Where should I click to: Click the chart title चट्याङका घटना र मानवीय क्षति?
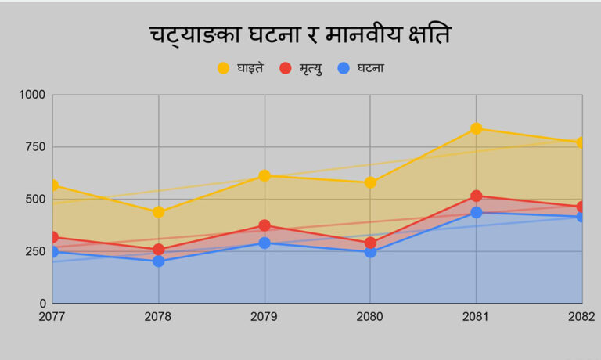pyautogui.click(x=300, y=35)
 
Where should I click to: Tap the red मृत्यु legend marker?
pyautogui.click(x=285, y=68)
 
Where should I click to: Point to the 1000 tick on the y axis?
pyautogui.click(x=33, y=95)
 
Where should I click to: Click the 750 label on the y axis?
pyautogui.click(x=36, y=147)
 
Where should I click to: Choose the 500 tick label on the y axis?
pyautogui.click(x=36, y=199)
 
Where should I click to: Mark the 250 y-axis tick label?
pyautogui.click(x=36, y=251)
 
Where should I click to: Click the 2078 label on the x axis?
pyautogui.click(x=159, y=316)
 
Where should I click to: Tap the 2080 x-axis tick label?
pyautogui.click(x=370, y=316)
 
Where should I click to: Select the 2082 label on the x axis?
pyautogui.click(x=580, y=316)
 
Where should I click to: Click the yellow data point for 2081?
pyautogui.click(x=476, y=128)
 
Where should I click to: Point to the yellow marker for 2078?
pyautogui.click(x=159, y=212)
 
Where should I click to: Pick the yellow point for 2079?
pyautogui.click(x=265, y=176)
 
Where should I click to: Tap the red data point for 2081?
pyautogui.click(x=476, y=196)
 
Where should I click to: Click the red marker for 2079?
pyautogui.click(x=265, y=225)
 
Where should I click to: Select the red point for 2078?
pyautogui.click(x=159, y=250)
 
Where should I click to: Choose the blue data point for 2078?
pyautogui.click(x=159, y=261)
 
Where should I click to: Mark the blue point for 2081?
pyautogui.click(x=476, y=212)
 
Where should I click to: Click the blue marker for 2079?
pyautogui.click(x=265, y=243)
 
